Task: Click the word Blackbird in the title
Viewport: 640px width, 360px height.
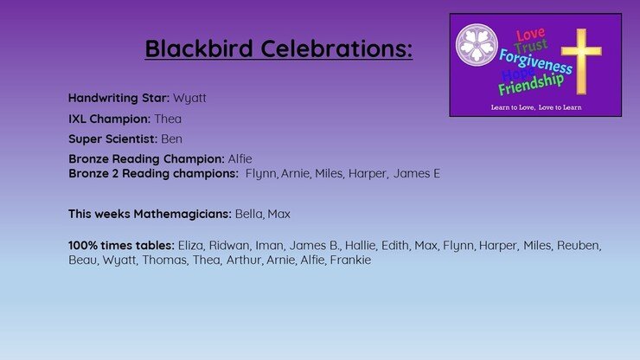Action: pyautogui.click(x=199, y=48)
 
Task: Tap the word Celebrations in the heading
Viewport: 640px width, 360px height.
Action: pyautogui.click(x=336, y=48)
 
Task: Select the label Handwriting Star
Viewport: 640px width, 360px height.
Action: pyautogui.click(x=118, y=98)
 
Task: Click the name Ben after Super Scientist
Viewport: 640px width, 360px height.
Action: pyautogui.click(x=171, y=139)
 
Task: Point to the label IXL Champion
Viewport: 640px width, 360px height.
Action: pyautogui.click(x=109, y=119)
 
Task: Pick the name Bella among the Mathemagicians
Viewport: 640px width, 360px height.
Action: pyautogui.click(x=249, y=214)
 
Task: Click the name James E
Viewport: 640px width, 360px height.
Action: pyautogui.click(x=417, y=173)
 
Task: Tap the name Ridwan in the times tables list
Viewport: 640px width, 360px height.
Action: pyautogui.click(x=229, y=245)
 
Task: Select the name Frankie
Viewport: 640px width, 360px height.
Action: pyautogui.click(x=350, y=260)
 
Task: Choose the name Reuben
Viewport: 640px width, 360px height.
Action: pyautogui.click(x=579, y=245)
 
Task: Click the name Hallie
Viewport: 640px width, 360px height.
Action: pyautogui.click(x=361, y=245)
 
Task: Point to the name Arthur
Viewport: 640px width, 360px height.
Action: pyautogui.click(x=244, y=260)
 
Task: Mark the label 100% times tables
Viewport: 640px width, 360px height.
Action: pyautogui.click(x=121, y=245)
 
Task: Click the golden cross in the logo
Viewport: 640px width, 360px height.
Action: pyautogui.click(x=581, y=61)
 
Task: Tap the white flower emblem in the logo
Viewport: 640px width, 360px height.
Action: pyautogui.click(x=477, y=45)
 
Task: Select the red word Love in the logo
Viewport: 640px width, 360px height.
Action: pyautogui.click(x=530, y=35)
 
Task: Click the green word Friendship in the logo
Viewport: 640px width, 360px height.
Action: pyautogui.click(x=531, y=84)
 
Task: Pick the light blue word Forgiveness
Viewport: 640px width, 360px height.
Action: pyautogui.click(x=535, y=61)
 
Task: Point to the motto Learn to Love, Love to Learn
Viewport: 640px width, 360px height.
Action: pyautogui.click(x=536, y=107)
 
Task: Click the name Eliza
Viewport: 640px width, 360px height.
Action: pyautogui.click(x=190, y=245)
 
